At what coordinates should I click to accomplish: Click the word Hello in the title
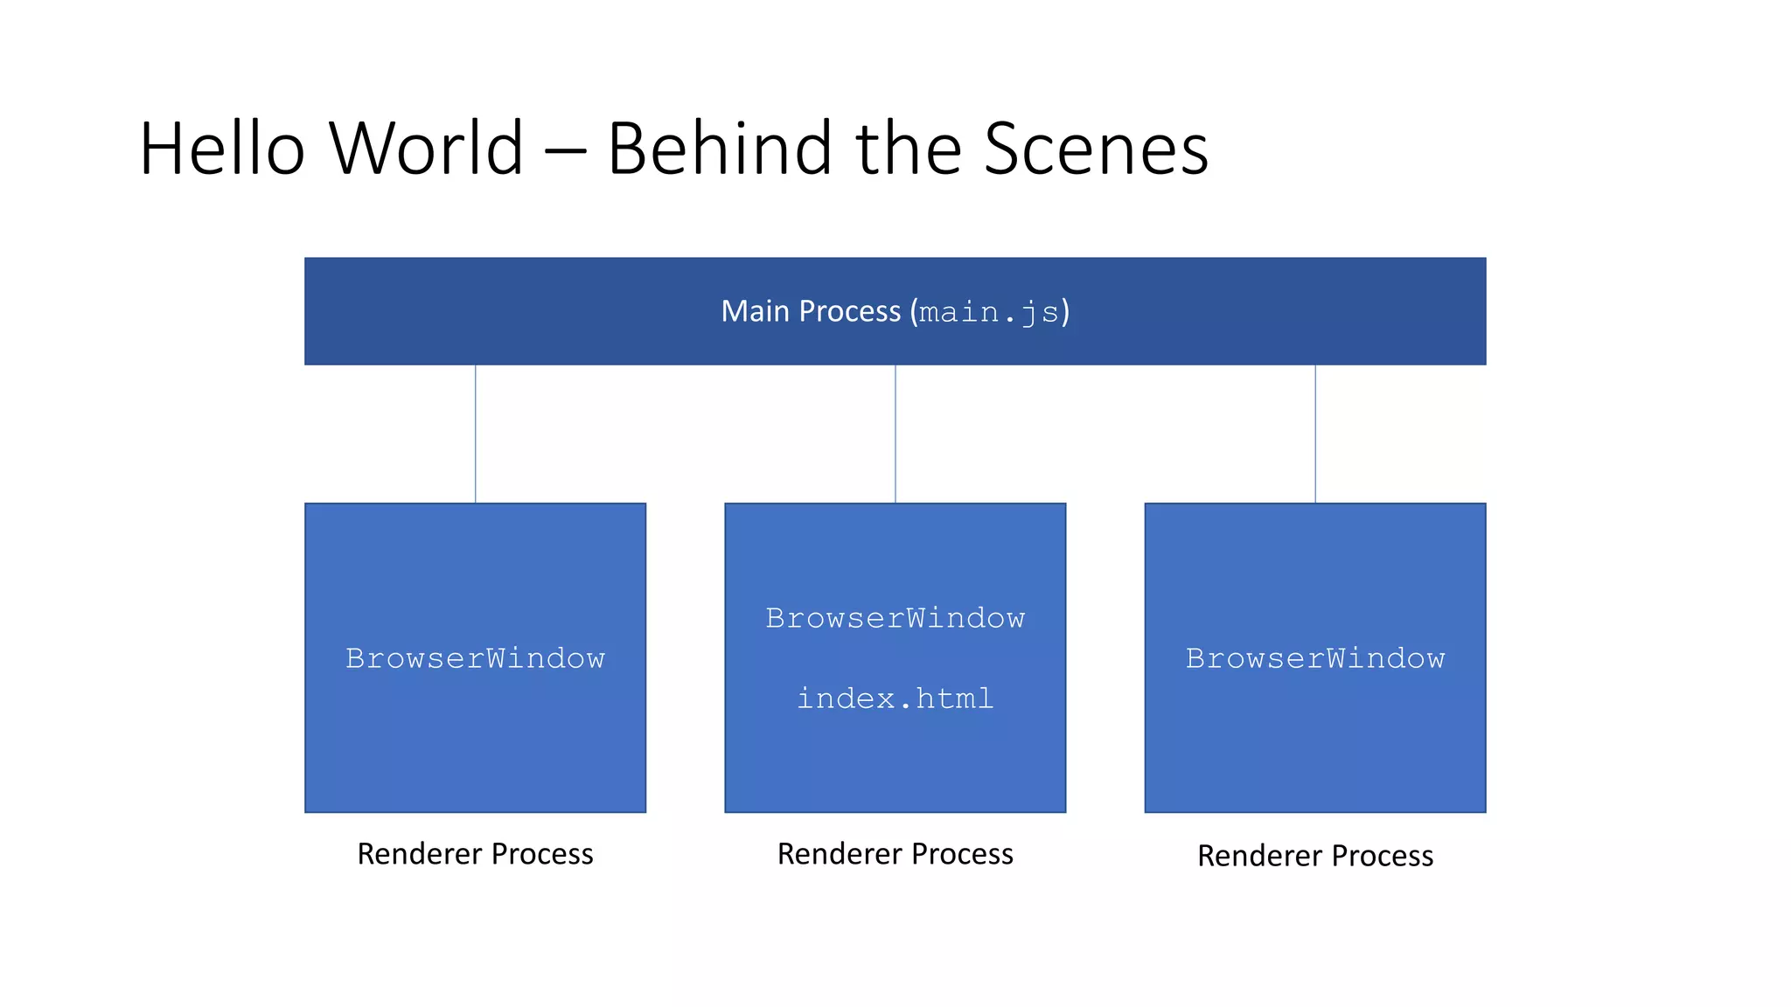click(x=222, y=149)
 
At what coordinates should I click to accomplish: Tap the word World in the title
click(x=427, y=149)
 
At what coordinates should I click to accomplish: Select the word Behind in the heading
click(x=720, y=149)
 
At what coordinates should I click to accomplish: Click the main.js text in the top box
click(x=989, y=312)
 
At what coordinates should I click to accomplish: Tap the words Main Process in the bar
click(x=811, y=311)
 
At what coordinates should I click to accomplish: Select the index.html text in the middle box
click(x=895, y=698)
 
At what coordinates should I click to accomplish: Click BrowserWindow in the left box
click(x=475, y=658)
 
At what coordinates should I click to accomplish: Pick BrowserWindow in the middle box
click(x=895, y=618)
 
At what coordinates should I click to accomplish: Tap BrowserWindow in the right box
click(x=1315, y=658)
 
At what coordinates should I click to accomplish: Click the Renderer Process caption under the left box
click(x=475, y=854)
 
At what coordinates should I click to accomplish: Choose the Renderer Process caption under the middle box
click(x=895, y=854)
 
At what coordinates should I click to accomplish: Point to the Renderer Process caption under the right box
click(x=1315, y=856)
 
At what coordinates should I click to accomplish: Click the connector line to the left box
click(x=476, y=434)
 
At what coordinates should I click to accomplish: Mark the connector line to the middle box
click(x=895, y=434)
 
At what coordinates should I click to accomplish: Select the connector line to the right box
click(x=1315, y=434)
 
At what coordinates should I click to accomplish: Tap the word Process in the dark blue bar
click(x=849, y=311)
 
